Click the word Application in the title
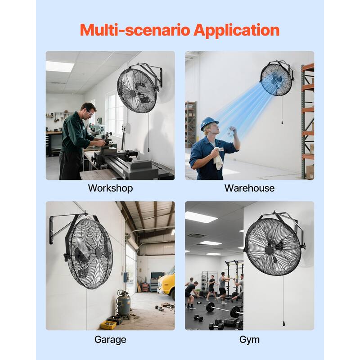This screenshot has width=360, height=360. (x=236, y=31)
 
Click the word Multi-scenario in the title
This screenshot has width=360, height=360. (x=135, y=31)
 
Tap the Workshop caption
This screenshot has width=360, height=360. (x=110, y=188)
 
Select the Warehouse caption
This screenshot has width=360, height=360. (x=249, y=188)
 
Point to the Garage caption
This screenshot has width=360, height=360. (x=110, y=339)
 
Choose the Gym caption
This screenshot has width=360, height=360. (x=249, y=339)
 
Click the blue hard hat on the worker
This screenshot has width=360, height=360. (x=209, y=122)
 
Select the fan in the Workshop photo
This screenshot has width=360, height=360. (x=137, y=90)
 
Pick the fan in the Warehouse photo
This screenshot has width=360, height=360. (x=276, y=79)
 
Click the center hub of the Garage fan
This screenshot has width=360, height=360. (x=98, y=252)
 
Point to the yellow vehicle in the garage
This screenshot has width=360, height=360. (x=167, y=283)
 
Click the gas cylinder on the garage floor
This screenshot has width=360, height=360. (x=124, y=303)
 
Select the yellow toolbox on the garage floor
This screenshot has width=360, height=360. (x=108, y=324)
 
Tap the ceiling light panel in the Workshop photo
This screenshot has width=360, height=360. (x=59, y=66)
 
